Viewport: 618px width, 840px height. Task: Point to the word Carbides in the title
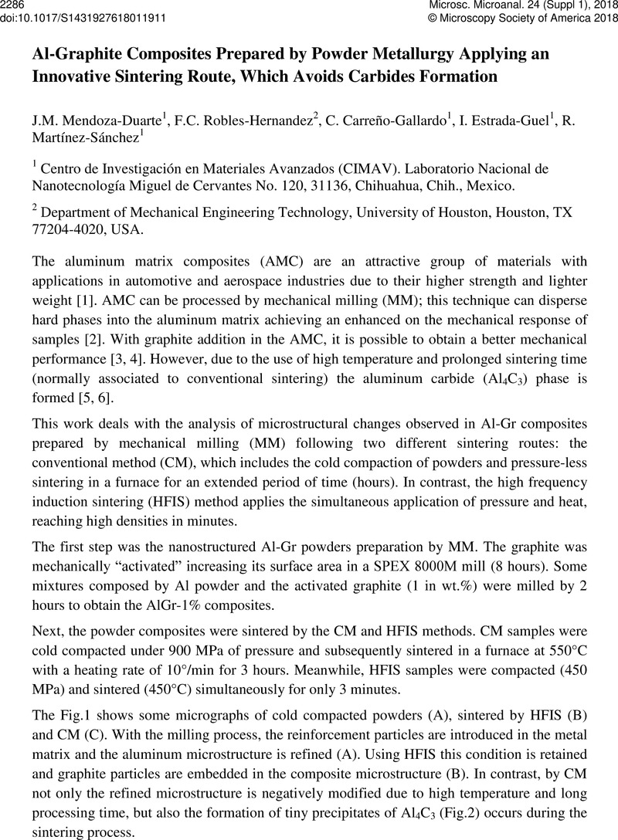pos(417,78)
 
